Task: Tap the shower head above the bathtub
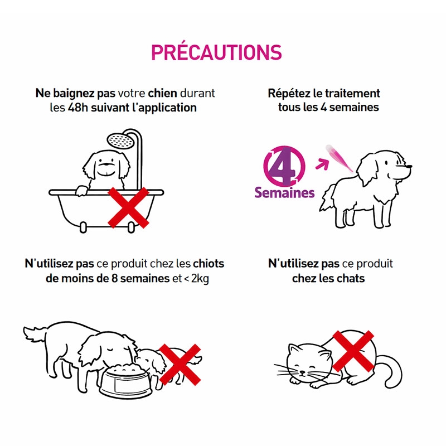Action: (x=119, y=140)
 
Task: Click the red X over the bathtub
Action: (x=128, y=207)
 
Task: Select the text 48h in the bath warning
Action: (x=78, y=108)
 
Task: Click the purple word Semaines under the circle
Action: (x=284, y=192)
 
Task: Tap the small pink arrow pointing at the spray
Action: (x=322, y=164)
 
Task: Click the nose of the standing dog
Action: (x=409, y=167)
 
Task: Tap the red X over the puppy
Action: (x=180, y=365)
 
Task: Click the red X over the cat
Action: (x=353, y=351)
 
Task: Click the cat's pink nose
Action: (x=302, y=372)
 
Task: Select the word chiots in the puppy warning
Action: (x=209, y=264)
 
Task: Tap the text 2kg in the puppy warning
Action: (x=200, y=279)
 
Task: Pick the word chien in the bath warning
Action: (x=162, y=93)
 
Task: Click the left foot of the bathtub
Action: (x=83, y=227)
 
